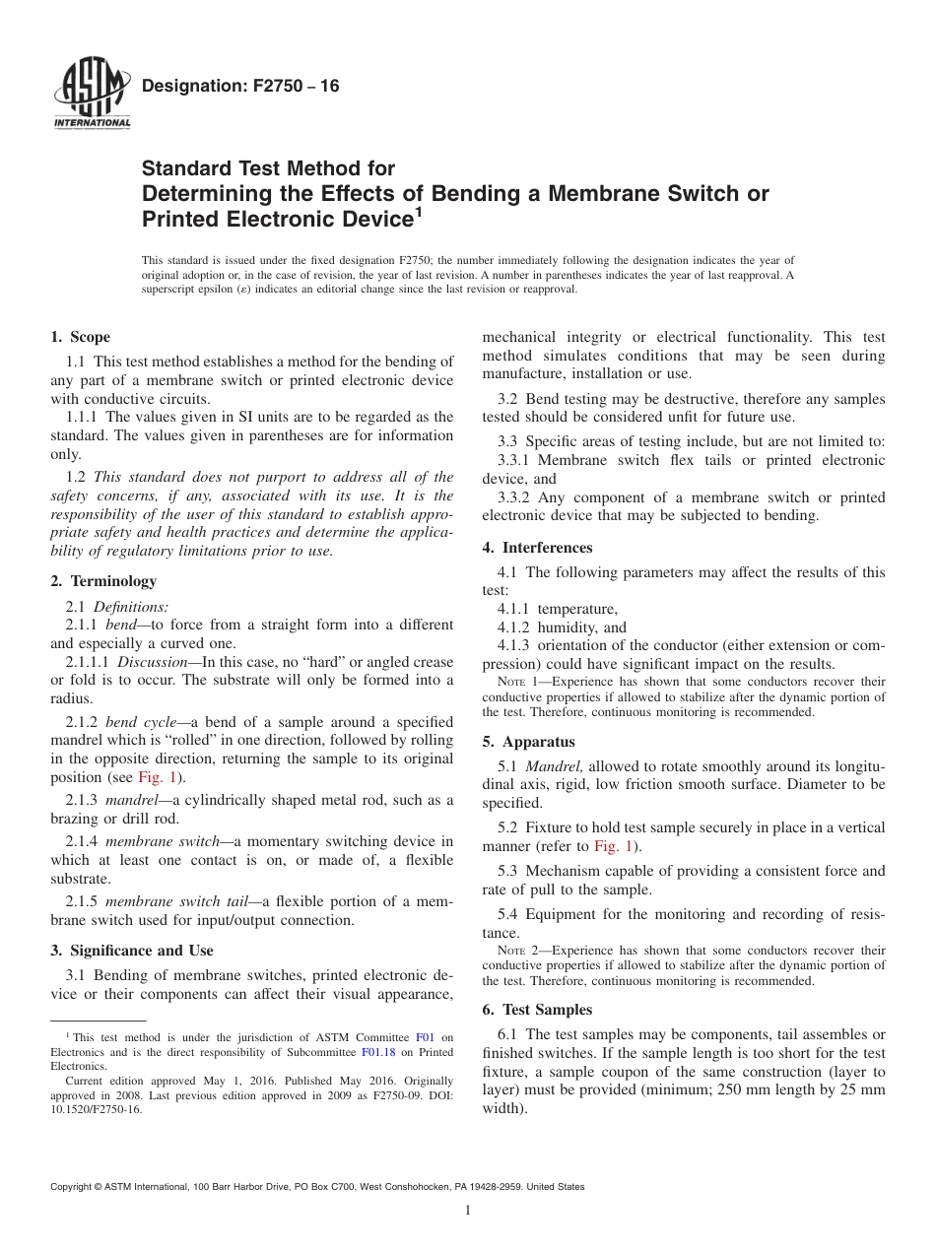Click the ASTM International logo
pos(91,95)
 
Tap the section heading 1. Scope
pos(81,337)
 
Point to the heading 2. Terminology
pos(103,581)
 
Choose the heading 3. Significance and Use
pos(132,951)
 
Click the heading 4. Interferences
pos(537,548)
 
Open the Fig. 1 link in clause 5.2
pos(611,846)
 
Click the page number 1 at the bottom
pos(468,1211)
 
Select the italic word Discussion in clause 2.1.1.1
pos(151,662)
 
